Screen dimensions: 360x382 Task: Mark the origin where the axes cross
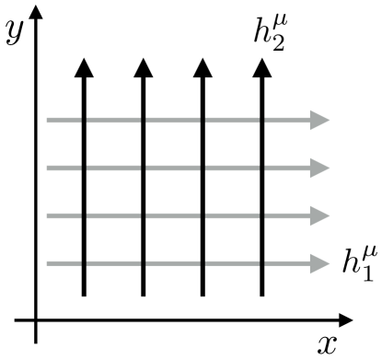coord(36,321)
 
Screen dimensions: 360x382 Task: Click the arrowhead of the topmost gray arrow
coord(320,119)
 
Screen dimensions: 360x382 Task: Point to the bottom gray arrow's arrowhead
coord(320,264)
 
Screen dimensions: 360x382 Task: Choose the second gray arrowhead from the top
coord(320,168)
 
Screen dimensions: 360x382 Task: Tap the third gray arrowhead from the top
coord(320,215)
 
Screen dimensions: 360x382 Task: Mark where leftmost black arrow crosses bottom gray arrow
coord(83,264)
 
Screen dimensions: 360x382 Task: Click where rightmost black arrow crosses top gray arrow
coord(262,119)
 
